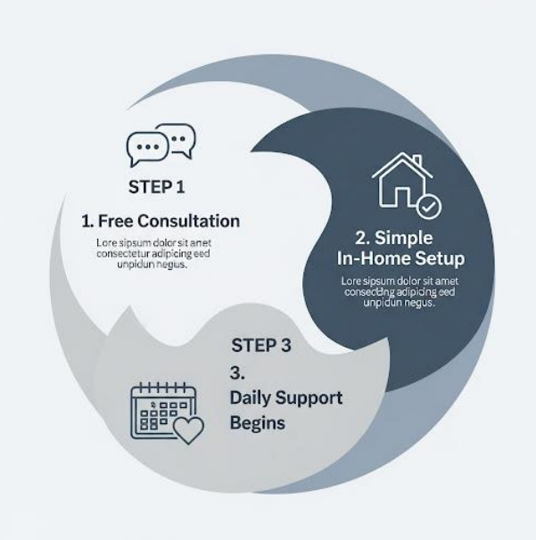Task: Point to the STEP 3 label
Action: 262,344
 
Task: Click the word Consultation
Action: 191,220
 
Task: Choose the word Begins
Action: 258,422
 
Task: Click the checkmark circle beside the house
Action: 429,206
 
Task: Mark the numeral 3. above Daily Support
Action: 235,371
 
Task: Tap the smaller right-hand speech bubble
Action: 181,139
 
